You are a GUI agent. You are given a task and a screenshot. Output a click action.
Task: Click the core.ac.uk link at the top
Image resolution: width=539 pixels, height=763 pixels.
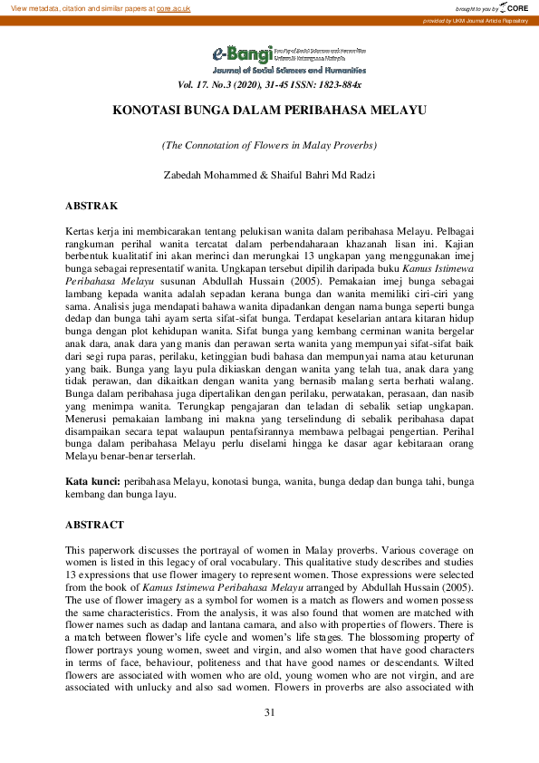(x=173, y=7)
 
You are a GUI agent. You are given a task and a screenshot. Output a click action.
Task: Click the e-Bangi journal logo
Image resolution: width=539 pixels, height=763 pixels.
(x=236, y=54)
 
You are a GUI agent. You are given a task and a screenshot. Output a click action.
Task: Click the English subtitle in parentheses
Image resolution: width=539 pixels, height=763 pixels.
(x=269, y=145)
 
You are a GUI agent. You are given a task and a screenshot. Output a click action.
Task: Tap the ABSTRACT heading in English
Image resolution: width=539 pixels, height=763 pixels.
(x=96, y=525)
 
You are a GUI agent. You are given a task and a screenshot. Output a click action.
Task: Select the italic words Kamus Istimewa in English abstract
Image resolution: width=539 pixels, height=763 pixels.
(x=176, y=586)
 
